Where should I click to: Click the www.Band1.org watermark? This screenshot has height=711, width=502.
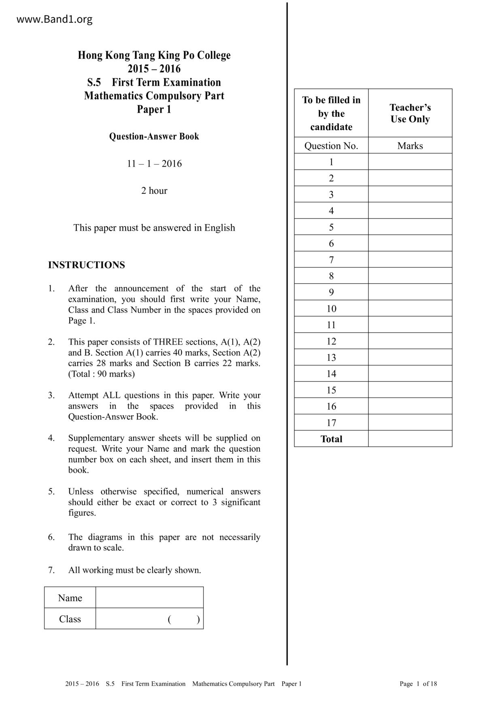(54, 19)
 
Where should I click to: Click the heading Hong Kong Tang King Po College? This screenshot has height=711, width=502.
(154, 55)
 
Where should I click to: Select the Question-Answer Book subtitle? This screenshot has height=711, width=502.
(154, 136)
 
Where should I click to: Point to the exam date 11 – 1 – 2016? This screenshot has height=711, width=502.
(154, 164)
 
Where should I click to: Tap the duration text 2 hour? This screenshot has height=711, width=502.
(154, 191)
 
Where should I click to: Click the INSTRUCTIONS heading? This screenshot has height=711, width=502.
(86, 265)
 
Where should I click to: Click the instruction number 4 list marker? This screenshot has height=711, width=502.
(51, 438)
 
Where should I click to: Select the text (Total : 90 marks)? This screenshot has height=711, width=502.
(101, 374)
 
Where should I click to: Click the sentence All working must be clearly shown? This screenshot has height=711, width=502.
(134, 570)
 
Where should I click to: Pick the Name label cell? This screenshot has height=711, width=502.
(70, 598)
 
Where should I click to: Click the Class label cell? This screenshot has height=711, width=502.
(70, 619)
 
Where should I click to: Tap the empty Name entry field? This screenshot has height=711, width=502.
(149, 597)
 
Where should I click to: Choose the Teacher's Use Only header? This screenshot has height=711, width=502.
(410, 113)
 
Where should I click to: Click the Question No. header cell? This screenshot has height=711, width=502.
(331, 146)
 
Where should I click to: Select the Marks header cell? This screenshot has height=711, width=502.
(410, 146)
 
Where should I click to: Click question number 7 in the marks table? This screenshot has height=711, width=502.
(331, 259)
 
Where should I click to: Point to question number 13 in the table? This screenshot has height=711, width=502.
(331, 358)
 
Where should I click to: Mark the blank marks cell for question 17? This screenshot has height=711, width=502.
(410, 422)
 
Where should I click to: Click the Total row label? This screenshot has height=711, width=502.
(331, 439)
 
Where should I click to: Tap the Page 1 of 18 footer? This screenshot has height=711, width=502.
(418, 684)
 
